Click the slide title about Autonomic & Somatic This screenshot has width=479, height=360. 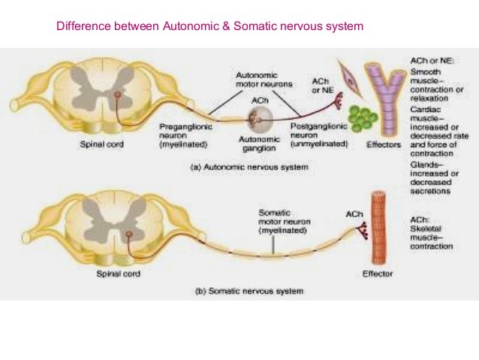[209, 28]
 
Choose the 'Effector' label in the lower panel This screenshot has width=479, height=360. [376, 274]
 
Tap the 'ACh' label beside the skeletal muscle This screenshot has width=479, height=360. [354, 214]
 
